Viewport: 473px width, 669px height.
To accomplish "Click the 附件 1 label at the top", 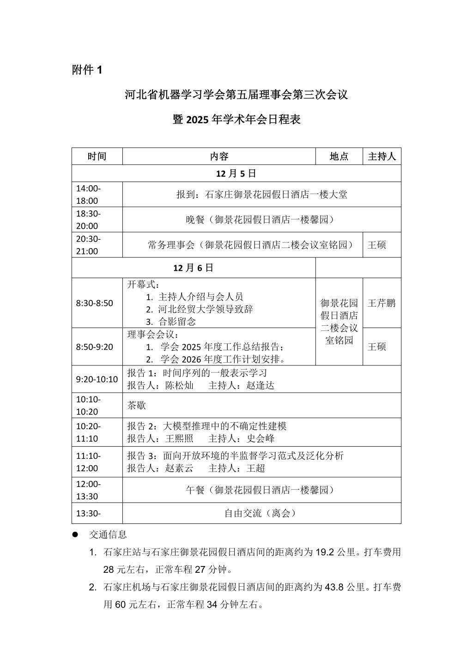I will tap(87, 70).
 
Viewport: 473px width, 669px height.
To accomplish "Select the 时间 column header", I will tap(97, 156).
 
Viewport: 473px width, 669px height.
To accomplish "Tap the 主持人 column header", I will tap(382, 156).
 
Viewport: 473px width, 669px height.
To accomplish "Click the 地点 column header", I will tap(339, 156).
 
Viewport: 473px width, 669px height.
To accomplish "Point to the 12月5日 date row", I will tap(236, 173).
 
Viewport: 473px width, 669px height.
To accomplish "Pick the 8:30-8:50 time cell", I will tap(94, 303).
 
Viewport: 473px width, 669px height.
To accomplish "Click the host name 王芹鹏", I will tap(382, 303).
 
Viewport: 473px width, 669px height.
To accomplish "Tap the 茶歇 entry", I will tap(137, 405).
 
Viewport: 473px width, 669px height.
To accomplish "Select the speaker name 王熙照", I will tap(179, 438).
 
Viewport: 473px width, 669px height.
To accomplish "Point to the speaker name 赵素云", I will tap(179, 468).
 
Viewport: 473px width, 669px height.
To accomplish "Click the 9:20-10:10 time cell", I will tap(97, 379).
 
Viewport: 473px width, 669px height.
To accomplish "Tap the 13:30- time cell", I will tap(88, 513).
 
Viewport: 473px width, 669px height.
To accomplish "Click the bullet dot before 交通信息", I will tap(75, 535).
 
